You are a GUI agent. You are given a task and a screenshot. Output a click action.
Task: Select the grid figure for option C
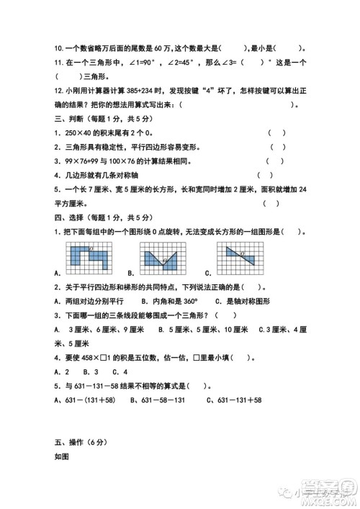click(240, 256)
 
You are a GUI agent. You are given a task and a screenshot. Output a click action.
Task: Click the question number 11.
click(57, 63)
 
